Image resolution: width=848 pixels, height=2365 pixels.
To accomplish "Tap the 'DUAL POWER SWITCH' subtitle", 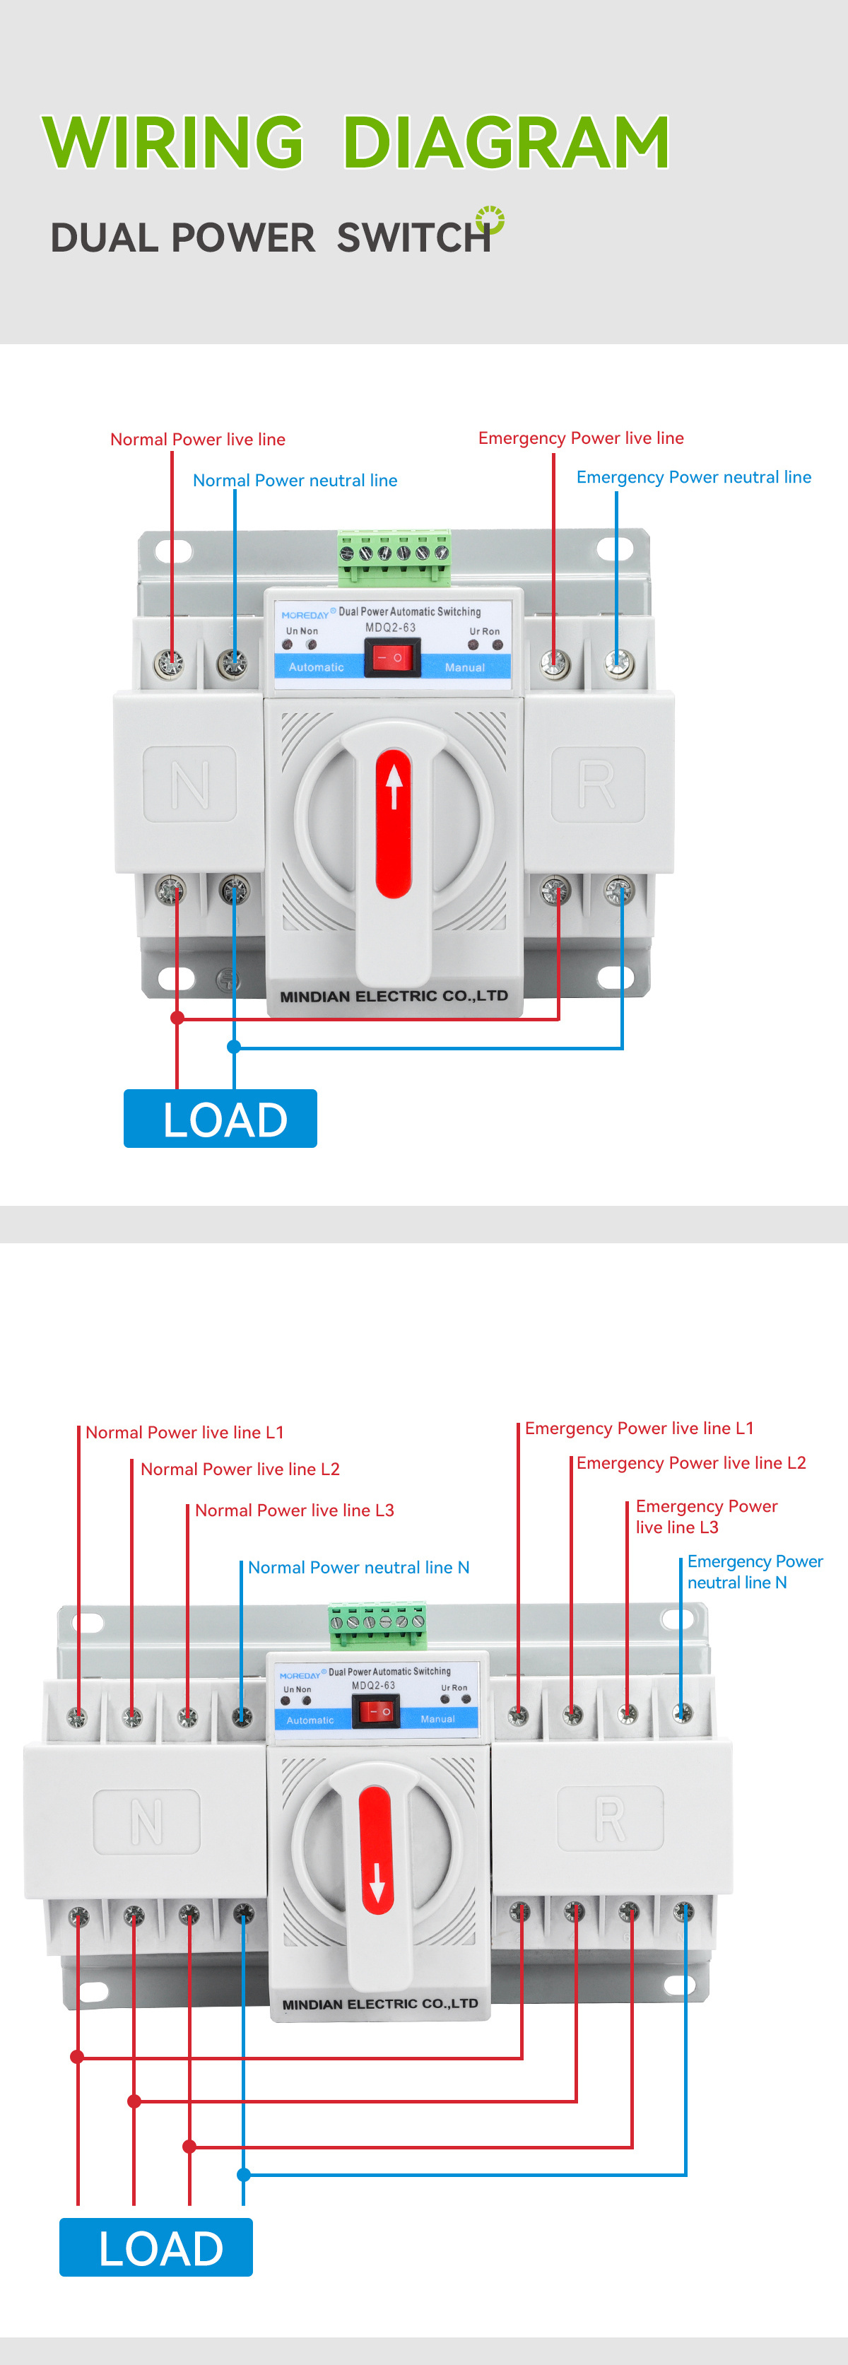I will [x=271, y=237].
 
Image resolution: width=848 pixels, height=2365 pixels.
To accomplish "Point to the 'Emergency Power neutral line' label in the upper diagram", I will [x=693, y=477].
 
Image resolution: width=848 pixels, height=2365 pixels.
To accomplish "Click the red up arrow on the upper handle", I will [x=394, y=786].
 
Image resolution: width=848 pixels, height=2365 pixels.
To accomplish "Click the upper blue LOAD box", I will [x=220, y=1118].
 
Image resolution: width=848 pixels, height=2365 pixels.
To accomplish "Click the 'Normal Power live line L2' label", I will [x=240, y=1469].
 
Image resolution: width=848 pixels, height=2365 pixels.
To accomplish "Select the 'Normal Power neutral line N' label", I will [x=358, y=1567].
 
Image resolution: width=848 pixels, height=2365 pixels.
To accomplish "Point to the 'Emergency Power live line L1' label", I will [x=639, y=1428].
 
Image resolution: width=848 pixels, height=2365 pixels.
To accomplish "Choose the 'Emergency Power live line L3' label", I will [x=706, y=1517].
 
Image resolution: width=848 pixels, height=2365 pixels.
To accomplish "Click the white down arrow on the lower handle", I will [x=376, y=1883].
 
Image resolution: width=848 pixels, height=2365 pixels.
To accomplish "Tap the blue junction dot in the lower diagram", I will [x=243, y=2174].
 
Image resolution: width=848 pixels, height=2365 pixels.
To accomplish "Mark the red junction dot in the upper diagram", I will [x=177, y=1017].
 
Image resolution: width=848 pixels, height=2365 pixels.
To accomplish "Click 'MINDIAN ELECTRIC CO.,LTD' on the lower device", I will [x=380, y=2003].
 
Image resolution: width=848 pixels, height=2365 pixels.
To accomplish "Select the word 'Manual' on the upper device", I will [x=464, y=667].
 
